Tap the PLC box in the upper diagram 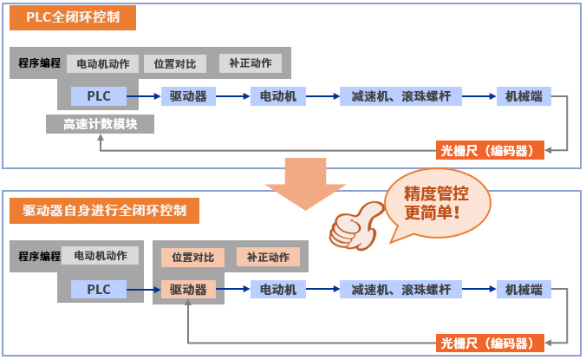tap(99, 96)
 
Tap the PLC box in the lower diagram tap(99, 289)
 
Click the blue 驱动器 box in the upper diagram tap(188, 96)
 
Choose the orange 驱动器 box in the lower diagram tap(188, 289)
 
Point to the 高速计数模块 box tap(100, 124)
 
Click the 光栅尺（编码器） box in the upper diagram tap(492, 151)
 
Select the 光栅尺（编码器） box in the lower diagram tap(492, 343)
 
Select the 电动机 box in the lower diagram tap(278, 289)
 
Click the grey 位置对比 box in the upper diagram tap(174, 63)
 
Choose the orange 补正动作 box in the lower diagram tap(269, 257)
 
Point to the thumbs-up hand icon tap(355, 225)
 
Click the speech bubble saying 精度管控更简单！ tap(436, 202)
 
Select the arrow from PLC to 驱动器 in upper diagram tap(145, 96)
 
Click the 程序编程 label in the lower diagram tap(39, 257)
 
